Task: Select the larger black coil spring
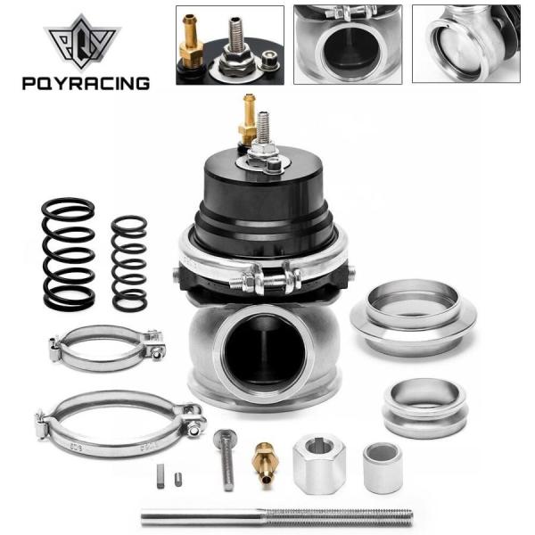pos(69,254)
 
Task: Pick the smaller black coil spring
pos(128,264)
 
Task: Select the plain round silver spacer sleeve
pos(382,466)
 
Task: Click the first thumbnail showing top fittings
pos(229,45)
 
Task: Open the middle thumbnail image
pos(347,45)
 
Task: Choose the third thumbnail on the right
pos(466,45)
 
